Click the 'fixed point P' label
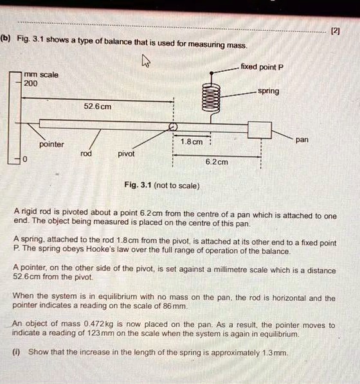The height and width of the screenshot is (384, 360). tap(262, 67)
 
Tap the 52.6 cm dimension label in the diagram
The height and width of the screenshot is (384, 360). tap(98, 107)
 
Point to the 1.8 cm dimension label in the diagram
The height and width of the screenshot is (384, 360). tap(192, 141)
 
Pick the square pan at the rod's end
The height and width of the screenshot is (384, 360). tap(260, 128)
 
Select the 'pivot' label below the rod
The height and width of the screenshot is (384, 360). tap(127, 154)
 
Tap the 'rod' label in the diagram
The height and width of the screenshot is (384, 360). tap(86, 154)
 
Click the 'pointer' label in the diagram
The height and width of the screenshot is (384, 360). tap(51, 144)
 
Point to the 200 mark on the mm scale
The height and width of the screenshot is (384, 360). tap(31, 83)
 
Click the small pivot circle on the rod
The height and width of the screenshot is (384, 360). tap(172, 127)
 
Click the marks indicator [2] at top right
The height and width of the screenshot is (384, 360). tap(335, 30)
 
